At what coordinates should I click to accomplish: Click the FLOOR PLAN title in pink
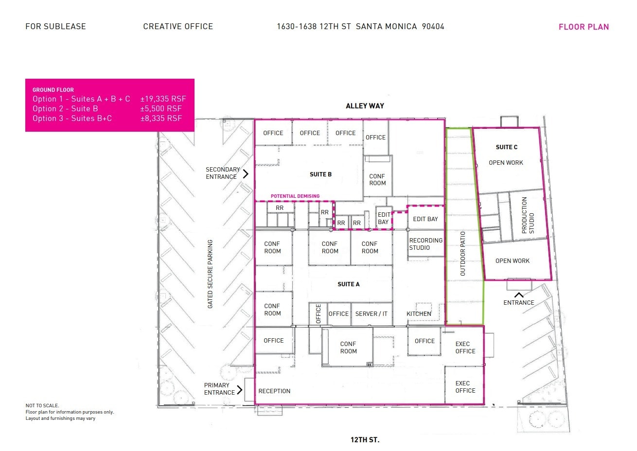584,27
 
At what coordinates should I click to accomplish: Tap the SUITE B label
320,174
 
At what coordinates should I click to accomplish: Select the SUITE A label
349,284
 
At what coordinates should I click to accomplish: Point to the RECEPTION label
274,391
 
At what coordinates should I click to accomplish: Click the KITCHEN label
419,314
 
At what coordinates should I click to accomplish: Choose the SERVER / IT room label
372,314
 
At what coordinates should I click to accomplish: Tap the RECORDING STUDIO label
425,244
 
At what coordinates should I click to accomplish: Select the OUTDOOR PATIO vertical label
462,254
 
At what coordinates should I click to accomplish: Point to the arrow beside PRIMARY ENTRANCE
239,389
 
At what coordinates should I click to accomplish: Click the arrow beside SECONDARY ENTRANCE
246,173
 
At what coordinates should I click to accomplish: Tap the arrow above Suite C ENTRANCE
519,295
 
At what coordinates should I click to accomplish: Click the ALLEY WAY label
365,106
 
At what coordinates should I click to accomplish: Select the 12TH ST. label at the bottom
365,440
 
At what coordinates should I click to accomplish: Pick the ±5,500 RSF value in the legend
161,109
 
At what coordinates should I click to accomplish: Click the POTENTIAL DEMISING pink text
295,196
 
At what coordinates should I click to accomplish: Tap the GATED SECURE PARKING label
210,274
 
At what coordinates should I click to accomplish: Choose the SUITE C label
506,147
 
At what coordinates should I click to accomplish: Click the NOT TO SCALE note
42,406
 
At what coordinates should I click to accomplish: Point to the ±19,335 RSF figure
163,99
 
